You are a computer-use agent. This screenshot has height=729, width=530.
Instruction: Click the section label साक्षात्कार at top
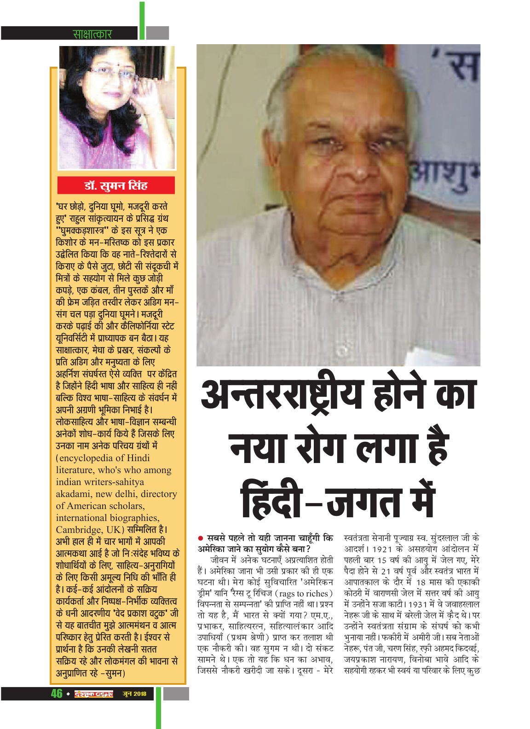[92, 34]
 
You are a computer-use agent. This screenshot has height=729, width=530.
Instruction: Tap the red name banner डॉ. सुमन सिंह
[116, 186]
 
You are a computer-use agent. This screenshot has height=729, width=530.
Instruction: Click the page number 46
[56, 694]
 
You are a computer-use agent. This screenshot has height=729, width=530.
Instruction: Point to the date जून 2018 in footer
[134, 694]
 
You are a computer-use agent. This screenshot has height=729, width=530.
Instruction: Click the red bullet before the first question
[201, 538]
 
